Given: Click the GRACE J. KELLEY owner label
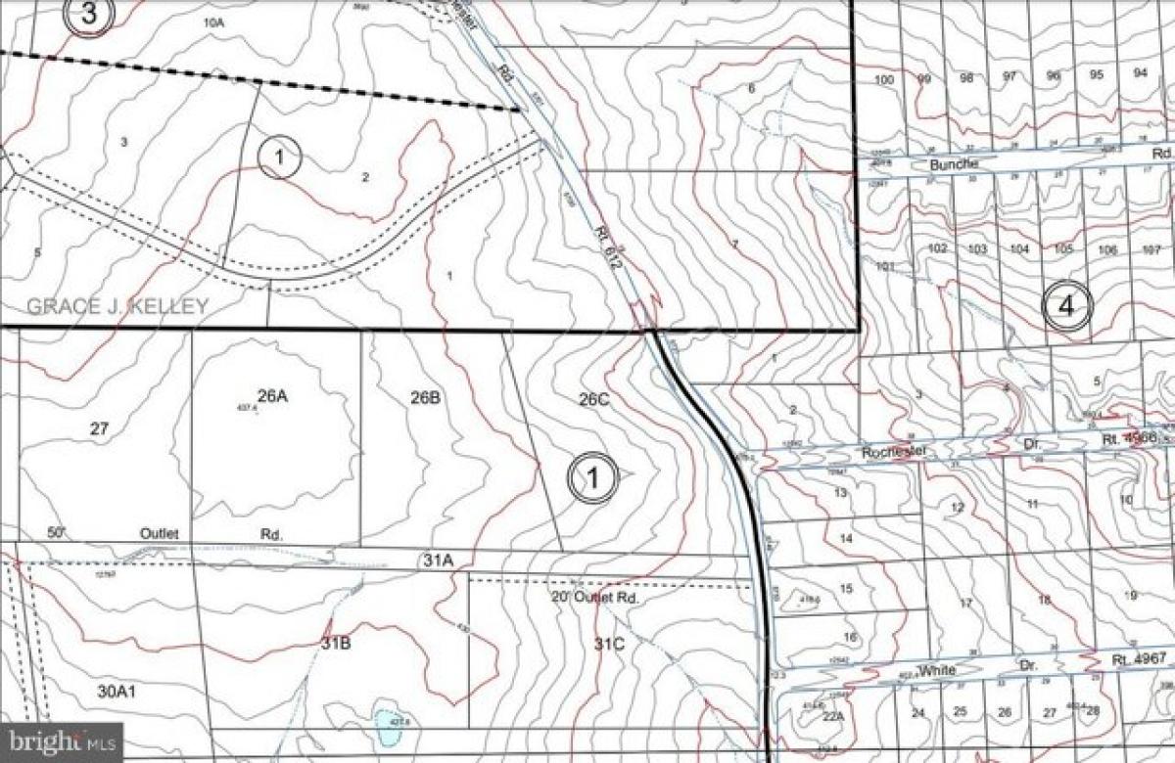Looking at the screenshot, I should pyautogui.click(x=117, y=306).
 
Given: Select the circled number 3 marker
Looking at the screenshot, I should pyautogui.click(x=90, y=13).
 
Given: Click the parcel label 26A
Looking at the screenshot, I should pyautogui.click(x=271, y=396).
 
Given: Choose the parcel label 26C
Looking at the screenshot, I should pyautogui.click(x=594, y=398).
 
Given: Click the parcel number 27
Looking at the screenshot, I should pyautogui.click(x=99, y=427).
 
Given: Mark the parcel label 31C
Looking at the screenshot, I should pyautogui.click(x=608, y=644).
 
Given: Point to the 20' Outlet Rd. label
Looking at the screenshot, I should pyautogui.click(x=587, y=596).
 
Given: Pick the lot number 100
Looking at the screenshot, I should pyautogui.click(x=884, y=79).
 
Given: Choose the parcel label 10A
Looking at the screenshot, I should pyautogui.click(x=213, y=21).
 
